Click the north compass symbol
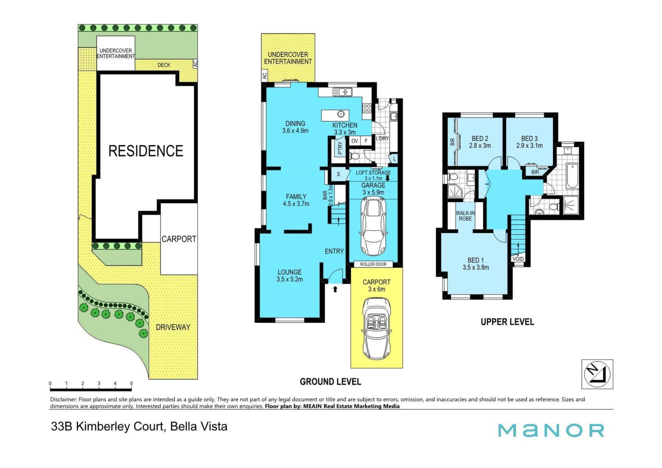(x=597, y=374)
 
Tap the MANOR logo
(x=551, y=430)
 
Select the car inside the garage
(x=373, y=226)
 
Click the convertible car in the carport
(x=377, y=328)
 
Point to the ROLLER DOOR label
(x=373, y=264)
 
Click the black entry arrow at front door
(x=335, y=289)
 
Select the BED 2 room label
(x=480, y=142)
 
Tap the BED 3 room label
(x=530, y=142)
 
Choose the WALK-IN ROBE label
(x=465, y=216)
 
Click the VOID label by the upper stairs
(x=518, y=259)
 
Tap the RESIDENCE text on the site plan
(x=146, y=151)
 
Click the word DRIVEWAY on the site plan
(x=173, y=327)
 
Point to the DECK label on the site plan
(x=164, y=65)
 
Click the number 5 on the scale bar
(x=131, y=384)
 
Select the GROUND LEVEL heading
(x=330, y=382)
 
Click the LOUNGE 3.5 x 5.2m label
(x=289, y=276)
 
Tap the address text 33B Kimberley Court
(x=108, y=427)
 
